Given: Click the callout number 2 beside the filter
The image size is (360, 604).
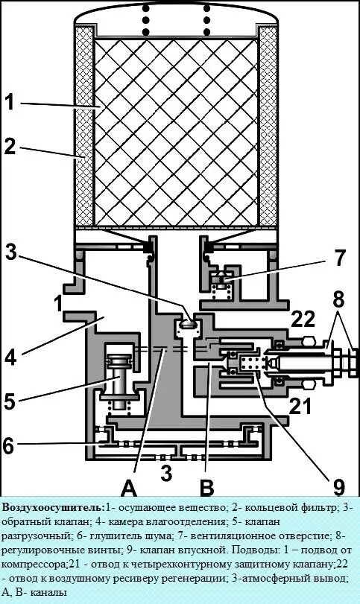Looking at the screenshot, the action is point(10,147).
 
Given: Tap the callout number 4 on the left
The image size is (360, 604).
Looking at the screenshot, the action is point(10,357).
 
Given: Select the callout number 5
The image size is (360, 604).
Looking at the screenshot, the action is point(10,401).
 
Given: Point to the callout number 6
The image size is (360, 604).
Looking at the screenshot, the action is point(9,445).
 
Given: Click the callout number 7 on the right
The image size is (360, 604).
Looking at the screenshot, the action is point(339,258).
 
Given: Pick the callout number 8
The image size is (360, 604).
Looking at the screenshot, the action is point(338,299).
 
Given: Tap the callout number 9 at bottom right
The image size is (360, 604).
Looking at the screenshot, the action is point(338,486).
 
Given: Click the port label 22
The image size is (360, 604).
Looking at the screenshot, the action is point(303,318).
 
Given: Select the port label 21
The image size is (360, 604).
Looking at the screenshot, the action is point(299,406).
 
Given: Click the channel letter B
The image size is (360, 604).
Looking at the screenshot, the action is point(207,488).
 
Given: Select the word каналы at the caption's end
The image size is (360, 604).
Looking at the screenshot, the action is point(48,592).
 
